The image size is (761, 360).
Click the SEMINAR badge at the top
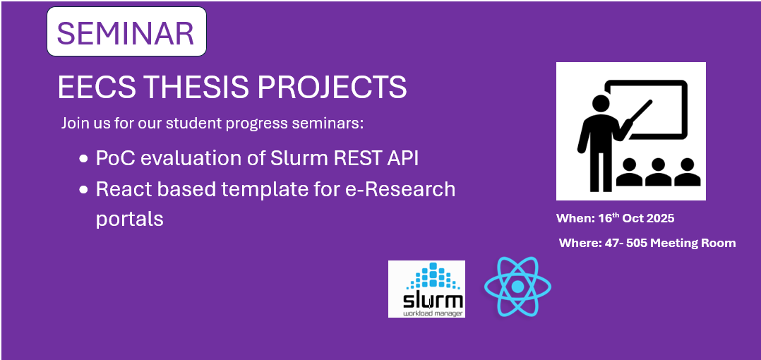click(126, 32)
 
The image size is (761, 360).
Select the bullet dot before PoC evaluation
click(83, 159)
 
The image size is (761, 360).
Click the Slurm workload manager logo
click(426, 289)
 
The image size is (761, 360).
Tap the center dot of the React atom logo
click(518, 287)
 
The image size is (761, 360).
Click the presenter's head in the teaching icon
click(601, 103)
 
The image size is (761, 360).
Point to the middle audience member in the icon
click(658, 172)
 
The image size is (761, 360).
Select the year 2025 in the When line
click(659, 218)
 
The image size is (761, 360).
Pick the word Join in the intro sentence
click(71, 124)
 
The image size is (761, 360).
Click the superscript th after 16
click(616, 215)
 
